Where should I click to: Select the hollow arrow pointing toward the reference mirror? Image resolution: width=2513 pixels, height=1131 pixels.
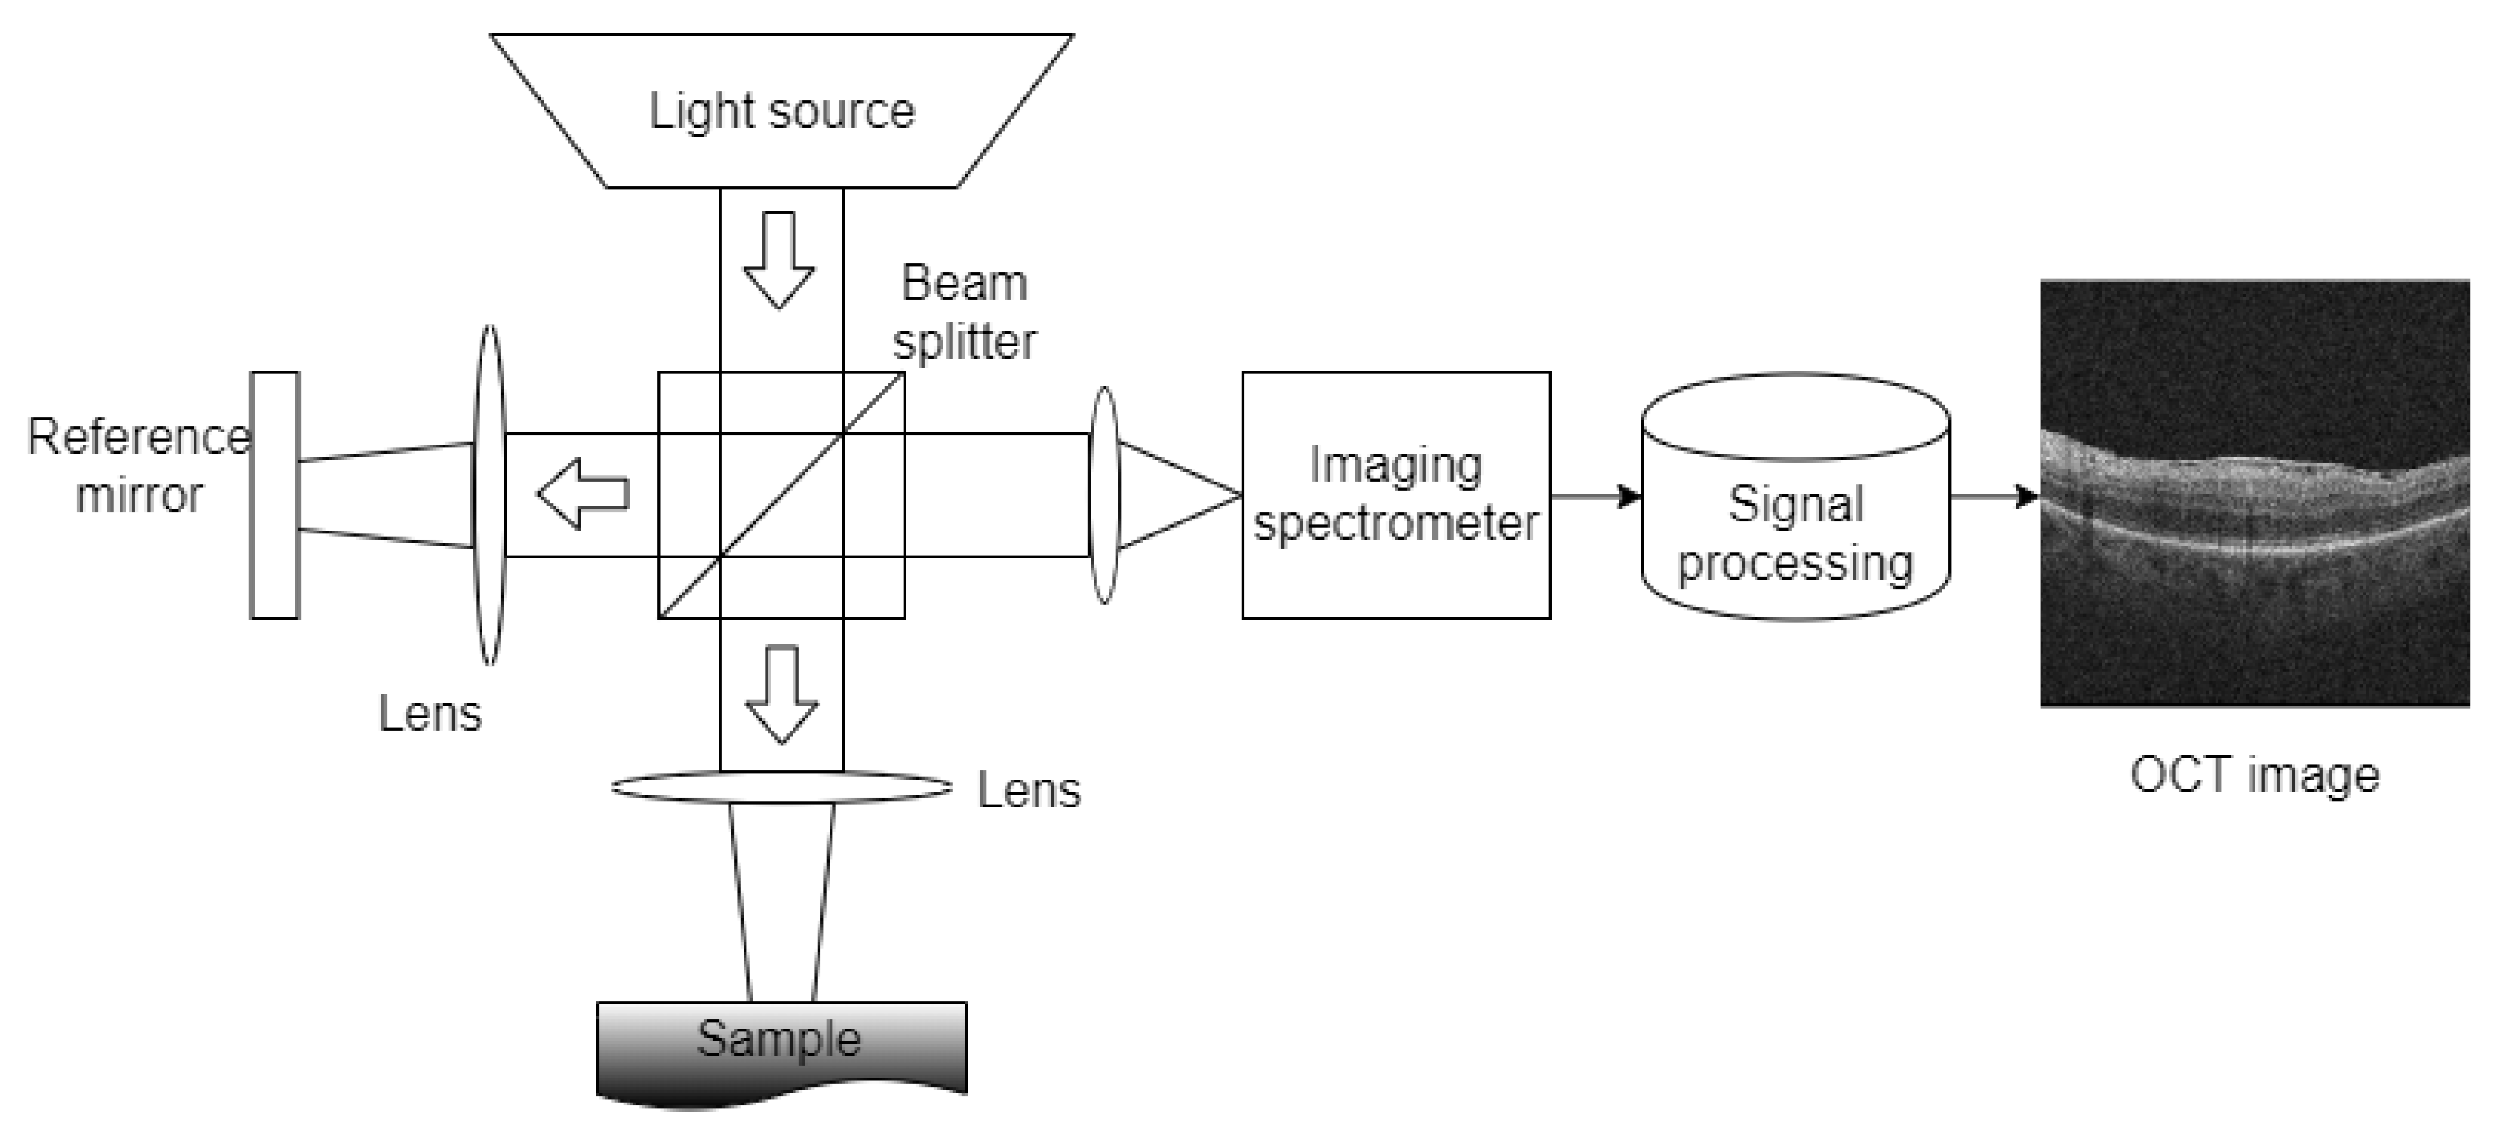(583, 494)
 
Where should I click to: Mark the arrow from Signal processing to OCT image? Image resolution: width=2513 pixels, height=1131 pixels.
(1994, 497)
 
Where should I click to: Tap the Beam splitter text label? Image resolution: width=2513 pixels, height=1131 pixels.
(964, 312)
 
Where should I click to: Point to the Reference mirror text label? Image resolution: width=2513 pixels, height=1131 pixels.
(139, 465)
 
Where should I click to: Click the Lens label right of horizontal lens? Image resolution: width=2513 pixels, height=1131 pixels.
(1030, 790)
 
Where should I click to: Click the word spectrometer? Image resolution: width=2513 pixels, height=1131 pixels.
(1395, 524)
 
